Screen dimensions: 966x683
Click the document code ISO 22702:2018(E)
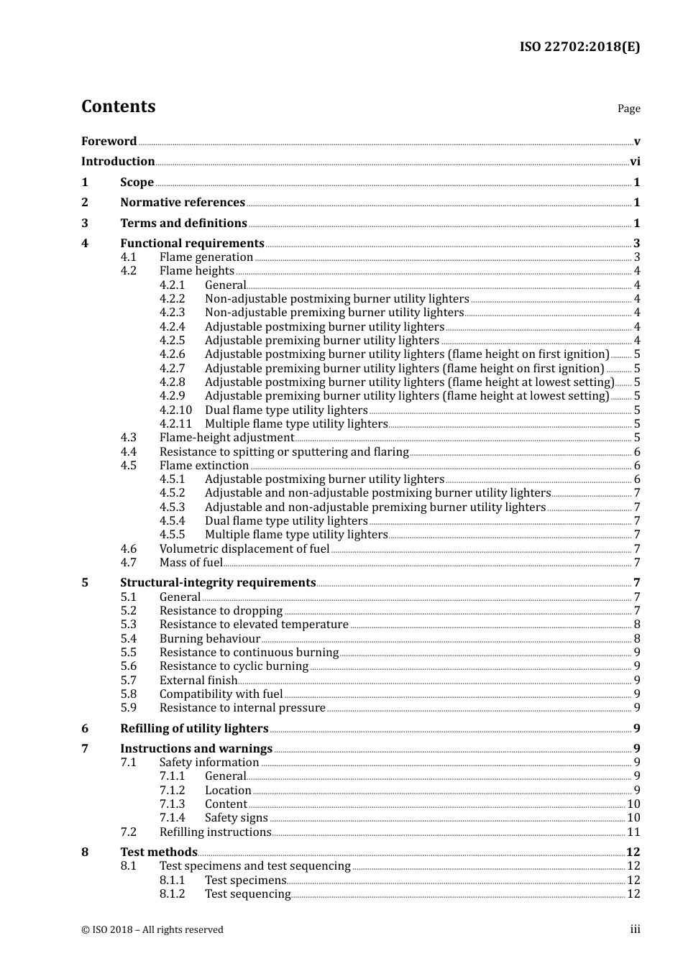pos(579,47)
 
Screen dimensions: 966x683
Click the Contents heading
pos(118,106)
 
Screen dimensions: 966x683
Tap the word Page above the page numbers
pos(628,109)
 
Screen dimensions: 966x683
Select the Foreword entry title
pos(109,142)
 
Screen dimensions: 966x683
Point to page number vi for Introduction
pos(635,162)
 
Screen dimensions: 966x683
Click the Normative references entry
pos(183,203)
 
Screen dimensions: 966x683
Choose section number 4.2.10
pos(175,410)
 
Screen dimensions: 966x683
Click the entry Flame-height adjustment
pos(226,438)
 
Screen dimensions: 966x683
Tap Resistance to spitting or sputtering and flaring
pos(284,452)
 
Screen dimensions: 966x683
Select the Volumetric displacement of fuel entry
pos(244,549)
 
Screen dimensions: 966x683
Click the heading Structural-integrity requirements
pos(218,583)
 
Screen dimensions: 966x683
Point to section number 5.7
pos(128,681)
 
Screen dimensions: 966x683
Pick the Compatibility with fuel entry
pos(221,694)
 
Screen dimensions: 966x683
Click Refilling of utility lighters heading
pos(194,729)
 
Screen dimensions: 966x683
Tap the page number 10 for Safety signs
pos(633,818)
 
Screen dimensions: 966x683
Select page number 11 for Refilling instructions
pos(633,832)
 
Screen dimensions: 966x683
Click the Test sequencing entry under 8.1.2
pos(247,894)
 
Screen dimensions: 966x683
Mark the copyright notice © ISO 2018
pos(152,930)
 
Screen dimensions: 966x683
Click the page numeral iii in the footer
pos(635,930)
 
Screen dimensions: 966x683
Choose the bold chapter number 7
pos(85,749)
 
